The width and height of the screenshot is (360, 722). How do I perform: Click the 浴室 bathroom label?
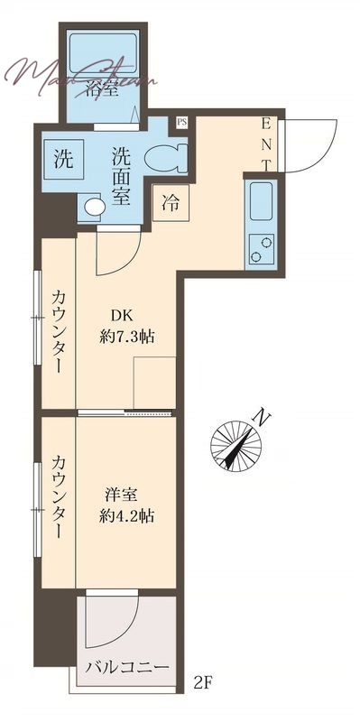(103, 88)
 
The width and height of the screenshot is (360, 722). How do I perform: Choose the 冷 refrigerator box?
(170, 204)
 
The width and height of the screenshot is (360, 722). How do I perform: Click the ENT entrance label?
(267, 143)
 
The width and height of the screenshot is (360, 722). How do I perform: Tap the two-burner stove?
(261, 248)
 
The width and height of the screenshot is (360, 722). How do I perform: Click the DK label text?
(122, 316)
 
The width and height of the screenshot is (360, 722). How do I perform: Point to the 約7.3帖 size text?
(126, 337)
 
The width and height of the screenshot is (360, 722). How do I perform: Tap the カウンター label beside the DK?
(57, 330)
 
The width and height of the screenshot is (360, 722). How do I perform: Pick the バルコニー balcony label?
(127, 669)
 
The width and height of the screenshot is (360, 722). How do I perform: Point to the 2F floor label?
(204, 683)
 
